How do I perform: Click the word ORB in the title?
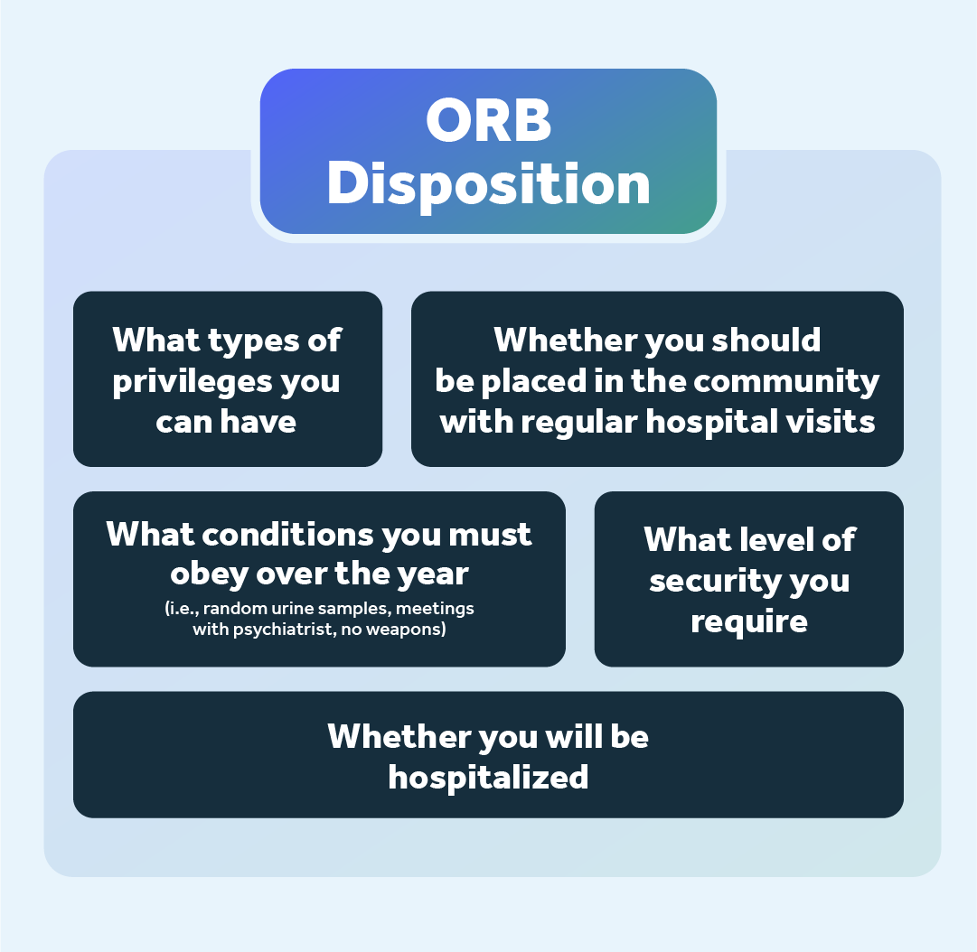coord(488,121)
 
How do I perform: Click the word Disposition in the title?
coord(488,184)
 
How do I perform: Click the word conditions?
coord(288,534)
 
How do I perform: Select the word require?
coord(748,621)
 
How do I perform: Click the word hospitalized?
coord(488,777)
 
